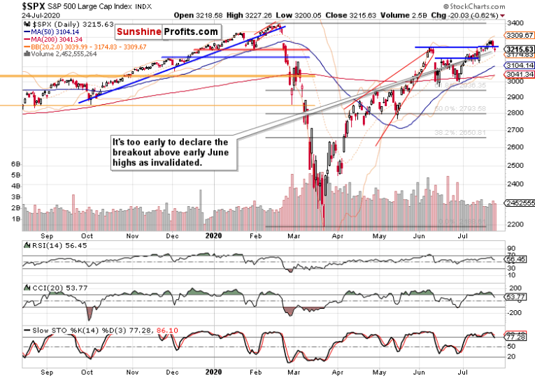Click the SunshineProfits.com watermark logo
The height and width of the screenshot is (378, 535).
point(167,32)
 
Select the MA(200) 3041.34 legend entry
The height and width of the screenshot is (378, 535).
point(58,40)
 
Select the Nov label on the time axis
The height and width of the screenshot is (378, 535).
point(131,237)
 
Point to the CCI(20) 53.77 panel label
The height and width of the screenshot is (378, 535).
point(49,288)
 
